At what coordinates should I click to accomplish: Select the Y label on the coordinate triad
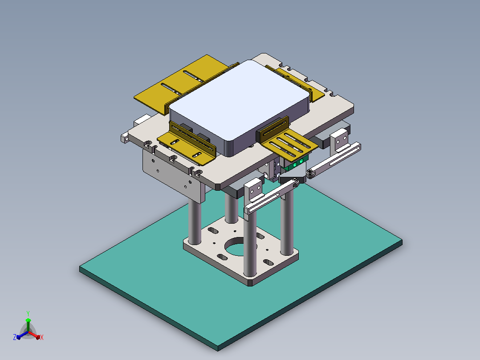(28, 313)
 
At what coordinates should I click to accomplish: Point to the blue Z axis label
(14, 337)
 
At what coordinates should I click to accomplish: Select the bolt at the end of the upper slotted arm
(310, 173)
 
